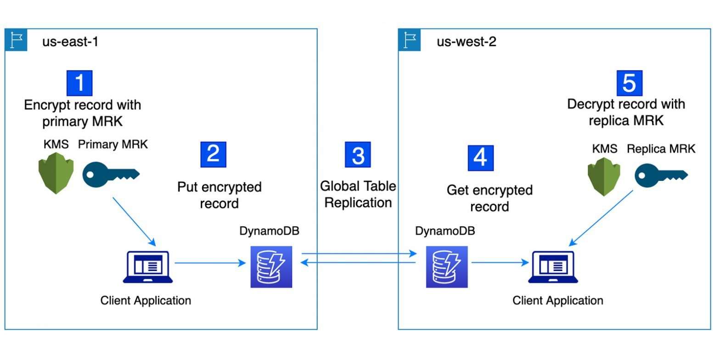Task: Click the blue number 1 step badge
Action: (x=79, y=83)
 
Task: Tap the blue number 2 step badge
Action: (x=214, y=154)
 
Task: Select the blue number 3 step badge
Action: (x=358, y=154)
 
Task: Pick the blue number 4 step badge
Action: (x=480, y=157)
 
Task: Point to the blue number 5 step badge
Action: (x=629, y=83)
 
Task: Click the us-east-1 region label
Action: (x=70, y=42)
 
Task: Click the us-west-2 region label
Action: (x=466, y=42)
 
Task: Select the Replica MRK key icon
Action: (x=661, y=175)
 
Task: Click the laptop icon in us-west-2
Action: (x=553, y=267)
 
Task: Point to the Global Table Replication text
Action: (x=358, y=194)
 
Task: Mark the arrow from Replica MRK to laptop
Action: (x=602, y=217)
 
